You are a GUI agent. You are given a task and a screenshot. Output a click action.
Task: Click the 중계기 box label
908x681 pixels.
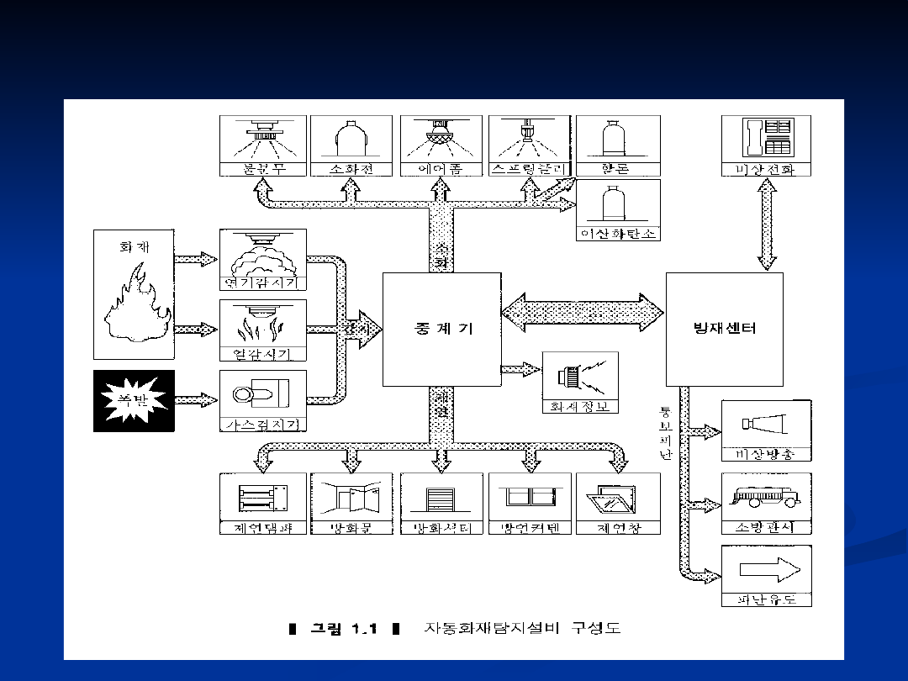441,329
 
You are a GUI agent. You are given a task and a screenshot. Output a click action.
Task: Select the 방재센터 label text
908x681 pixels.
724,328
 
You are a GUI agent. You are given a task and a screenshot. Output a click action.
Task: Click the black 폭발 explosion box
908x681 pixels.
134,401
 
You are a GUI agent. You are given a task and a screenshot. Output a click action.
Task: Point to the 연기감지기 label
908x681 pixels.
262,282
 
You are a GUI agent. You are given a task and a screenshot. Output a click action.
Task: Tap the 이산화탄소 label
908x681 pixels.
618,233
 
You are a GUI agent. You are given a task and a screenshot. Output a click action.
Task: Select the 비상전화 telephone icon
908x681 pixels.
768,137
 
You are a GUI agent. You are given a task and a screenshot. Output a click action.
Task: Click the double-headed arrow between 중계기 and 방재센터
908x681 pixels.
583,313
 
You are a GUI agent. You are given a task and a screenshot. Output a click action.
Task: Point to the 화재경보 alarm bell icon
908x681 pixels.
579,377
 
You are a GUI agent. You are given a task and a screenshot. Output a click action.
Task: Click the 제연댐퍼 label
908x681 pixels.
262,528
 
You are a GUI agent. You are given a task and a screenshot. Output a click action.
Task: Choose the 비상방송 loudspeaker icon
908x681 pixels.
766,424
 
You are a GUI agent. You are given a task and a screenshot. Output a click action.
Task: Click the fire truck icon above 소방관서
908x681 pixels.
766,496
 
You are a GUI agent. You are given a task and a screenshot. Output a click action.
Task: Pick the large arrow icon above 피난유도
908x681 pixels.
766,569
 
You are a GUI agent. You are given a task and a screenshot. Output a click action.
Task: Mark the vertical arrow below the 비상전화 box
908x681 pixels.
768,224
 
